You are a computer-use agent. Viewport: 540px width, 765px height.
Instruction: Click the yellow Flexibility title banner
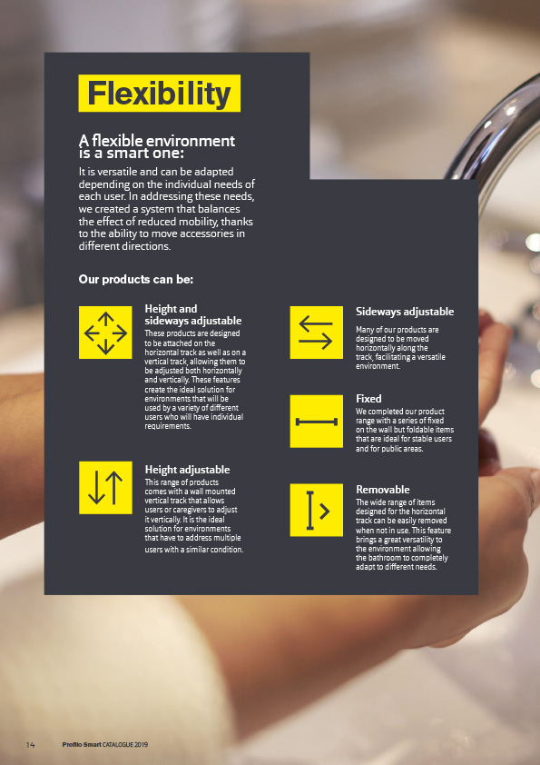click(160, 94)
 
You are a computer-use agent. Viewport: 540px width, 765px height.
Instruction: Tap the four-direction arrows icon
click(105, 333)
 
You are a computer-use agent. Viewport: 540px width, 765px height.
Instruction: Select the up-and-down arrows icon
click(105, 488)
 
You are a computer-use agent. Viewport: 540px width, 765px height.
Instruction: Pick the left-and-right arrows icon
click(317, 333)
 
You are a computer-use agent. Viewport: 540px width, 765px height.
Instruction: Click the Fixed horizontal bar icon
click(317, 422)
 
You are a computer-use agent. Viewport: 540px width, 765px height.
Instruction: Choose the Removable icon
click(317, 511)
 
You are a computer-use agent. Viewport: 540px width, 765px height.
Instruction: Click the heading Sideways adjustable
click(405, 312)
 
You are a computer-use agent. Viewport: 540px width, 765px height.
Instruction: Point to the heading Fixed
click(368, 399)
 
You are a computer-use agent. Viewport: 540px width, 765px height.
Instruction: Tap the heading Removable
click(383, 490)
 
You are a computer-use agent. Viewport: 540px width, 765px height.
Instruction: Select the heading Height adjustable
click(187, 470)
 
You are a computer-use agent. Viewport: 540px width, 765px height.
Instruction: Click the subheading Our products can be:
click(136, 280)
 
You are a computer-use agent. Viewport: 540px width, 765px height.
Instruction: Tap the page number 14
click(30, 744)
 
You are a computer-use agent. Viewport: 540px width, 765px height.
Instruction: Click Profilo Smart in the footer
click(82, 744)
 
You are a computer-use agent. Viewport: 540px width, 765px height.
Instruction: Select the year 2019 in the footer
click(142, 744)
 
